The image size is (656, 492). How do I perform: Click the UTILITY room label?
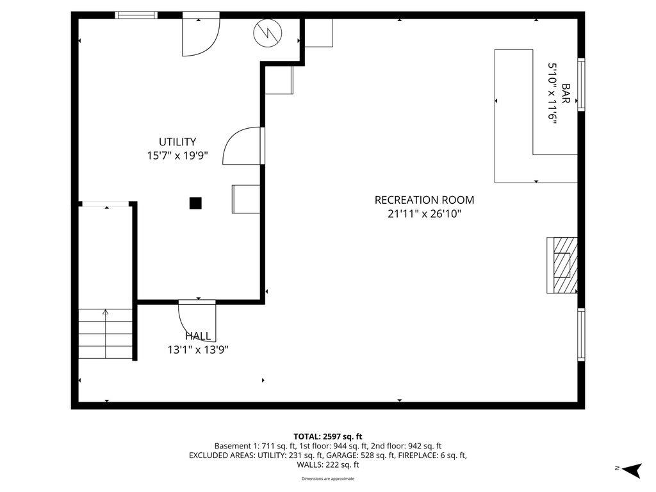pyautogui.click(x=177, y=142)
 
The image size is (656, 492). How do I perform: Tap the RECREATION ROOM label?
pyautogui.click(x=424, y=200)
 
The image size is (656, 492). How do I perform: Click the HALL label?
pyautogui.click(x=198, y=336)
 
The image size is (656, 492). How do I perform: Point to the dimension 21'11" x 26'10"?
pyautogui.click(x=424, y=214)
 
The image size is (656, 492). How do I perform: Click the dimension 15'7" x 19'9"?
pyautogui.click(x=177, y=155)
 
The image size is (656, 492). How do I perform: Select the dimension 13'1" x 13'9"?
pyautogui.click(x=198, y=350)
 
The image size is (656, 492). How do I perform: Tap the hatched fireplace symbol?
pyautogui.click(x=562, y=265)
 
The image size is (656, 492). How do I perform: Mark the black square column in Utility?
pyautogui.click(x=195, y=203)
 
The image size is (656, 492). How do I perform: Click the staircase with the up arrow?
pyautogui.click(x=106, y=333)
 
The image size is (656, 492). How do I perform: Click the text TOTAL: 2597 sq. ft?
pyautogui.click(x=328, y=436)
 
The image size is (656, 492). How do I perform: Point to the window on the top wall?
pyautogui.click(x=136, y=15)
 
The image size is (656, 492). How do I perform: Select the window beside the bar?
pyautogui.click(x=581, y=85)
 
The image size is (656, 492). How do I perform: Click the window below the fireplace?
pyautogui.click(x=581, y=334)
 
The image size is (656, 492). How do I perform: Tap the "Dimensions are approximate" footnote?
pyautogui.click(x=328, y=479)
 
